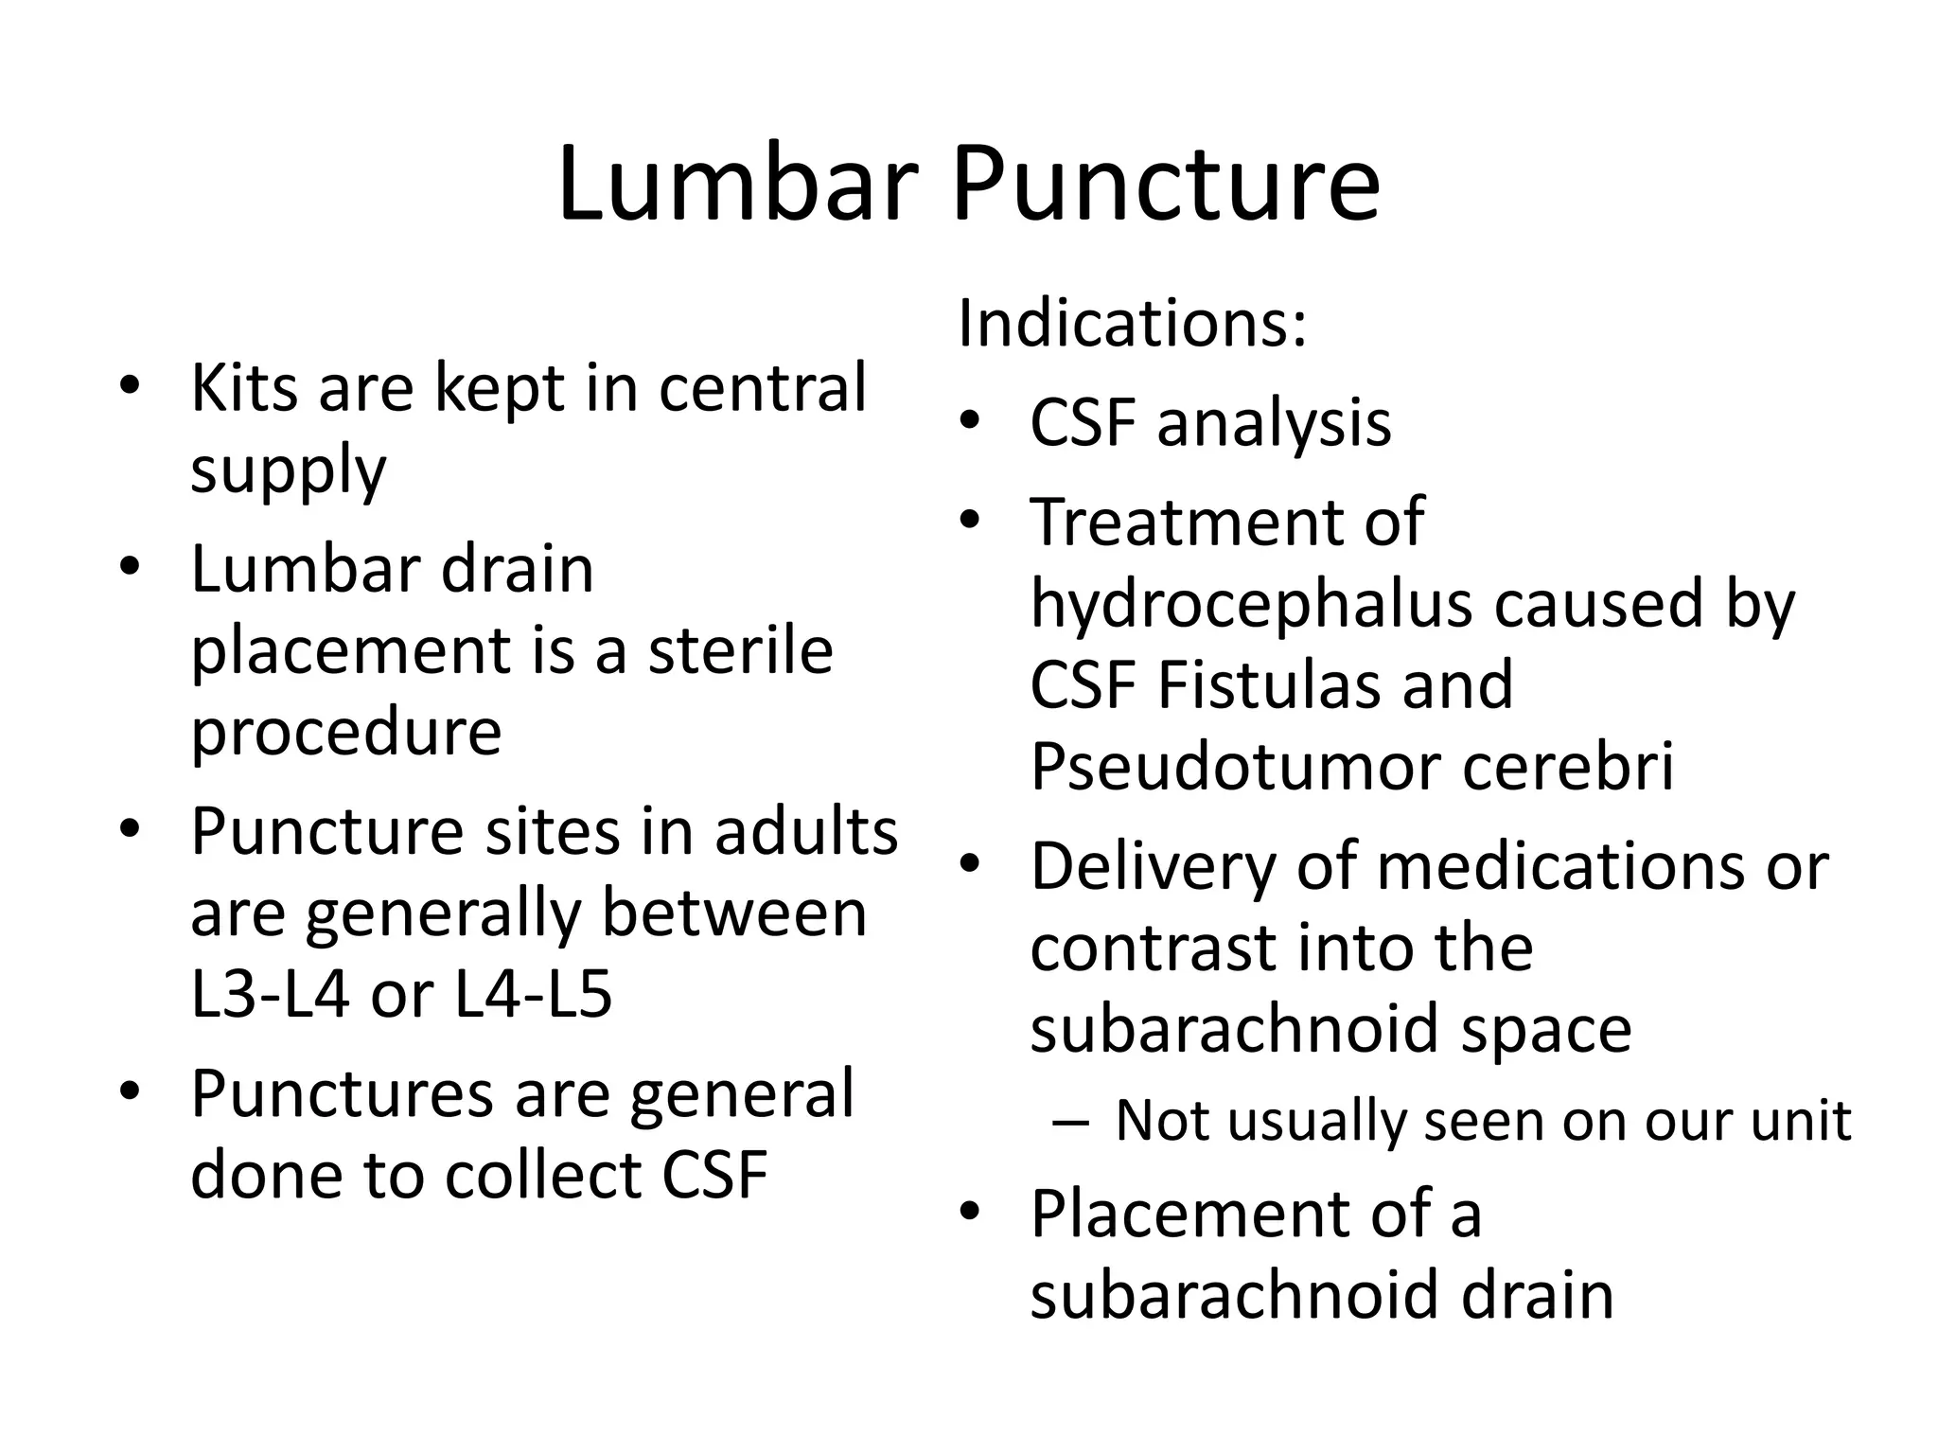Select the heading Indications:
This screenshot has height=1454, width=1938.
tap(1132, 324)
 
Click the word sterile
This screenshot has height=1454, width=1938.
tap(740, 651)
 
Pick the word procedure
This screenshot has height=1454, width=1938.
tap(345, 732)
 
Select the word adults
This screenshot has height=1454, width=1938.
tap(806, 832)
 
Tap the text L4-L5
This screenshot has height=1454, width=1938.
tap(533, 995)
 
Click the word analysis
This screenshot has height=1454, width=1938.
tap(1274, 423)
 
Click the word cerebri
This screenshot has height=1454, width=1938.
tap(1568, 767)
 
